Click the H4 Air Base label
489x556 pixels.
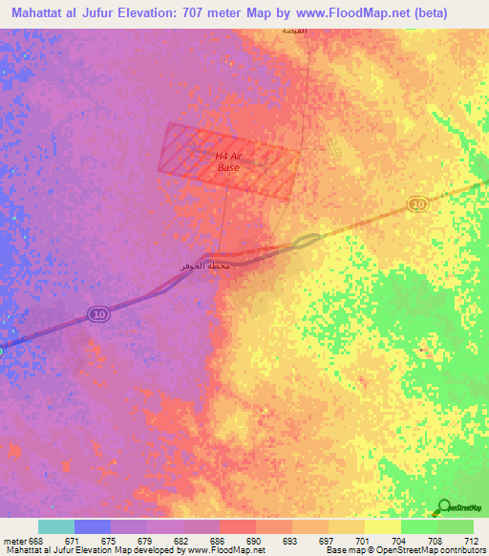click(228, 160)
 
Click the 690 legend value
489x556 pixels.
click(254, 540)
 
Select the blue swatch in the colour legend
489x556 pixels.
click(93, 526)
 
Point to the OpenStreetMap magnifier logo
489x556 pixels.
click(444, 508)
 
